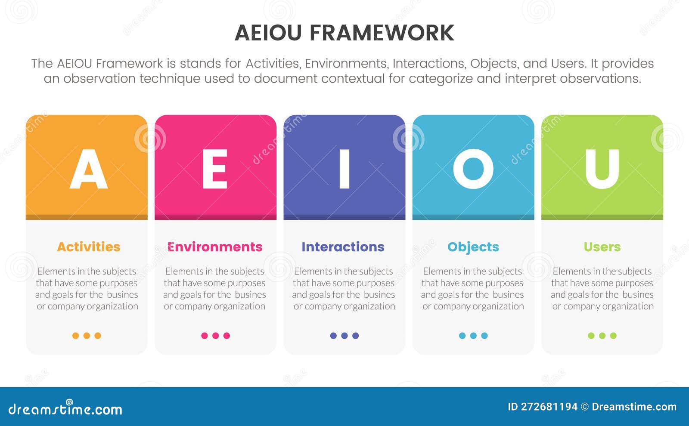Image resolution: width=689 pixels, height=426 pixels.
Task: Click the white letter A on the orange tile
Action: [88, 170]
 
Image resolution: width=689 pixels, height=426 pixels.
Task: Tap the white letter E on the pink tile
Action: [215, 170]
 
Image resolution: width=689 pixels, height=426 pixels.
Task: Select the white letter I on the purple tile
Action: [344, 170]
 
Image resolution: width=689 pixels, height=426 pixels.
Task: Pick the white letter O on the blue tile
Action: [473, 170]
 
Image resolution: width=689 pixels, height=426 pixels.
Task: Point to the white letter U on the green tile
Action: [602, 170]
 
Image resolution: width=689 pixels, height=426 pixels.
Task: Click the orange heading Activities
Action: [88, 247]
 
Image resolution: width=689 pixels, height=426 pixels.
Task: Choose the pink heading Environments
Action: [215, 247]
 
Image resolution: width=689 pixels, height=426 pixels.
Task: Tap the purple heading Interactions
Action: [343, 247]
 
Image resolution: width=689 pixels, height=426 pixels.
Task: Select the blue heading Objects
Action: [473, 247]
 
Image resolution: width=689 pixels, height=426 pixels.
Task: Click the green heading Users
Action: [602, 247]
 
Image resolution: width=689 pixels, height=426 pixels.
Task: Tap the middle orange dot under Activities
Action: [87, 336]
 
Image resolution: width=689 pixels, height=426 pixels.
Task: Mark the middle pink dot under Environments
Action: [215, 336]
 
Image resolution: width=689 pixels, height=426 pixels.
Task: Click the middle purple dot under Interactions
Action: [344, 336]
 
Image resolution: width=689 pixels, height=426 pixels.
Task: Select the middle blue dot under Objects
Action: [473, 336]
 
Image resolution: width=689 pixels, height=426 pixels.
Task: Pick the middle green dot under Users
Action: [602, 336]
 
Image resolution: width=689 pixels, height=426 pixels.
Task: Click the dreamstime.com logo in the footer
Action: [65, 409]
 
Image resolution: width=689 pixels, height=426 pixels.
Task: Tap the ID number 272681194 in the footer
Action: [549, 407]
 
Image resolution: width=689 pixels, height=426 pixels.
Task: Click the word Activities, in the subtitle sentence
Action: [273, 64]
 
